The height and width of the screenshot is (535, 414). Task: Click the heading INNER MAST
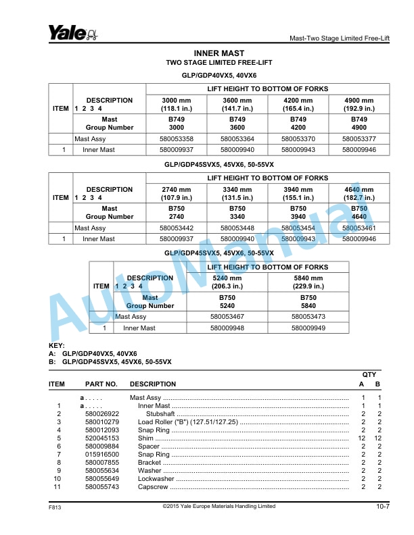[218, 53]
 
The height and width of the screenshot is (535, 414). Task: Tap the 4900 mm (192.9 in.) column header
[359, 104]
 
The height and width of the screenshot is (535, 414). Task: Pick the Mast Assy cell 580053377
[359, 139]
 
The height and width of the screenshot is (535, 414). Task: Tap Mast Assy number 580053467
[227, 316]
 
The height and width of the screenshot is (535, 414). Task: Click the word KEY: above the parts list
[57, 346]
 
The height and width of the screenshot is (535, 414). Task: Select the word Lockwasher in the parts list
[156, 479]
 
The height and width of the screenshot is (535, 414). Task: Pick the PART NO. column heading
[101, 384]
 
